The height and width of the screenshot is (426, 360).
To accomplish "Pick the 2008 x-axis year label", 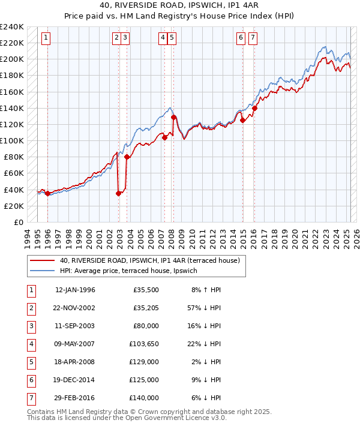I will pos(171,236).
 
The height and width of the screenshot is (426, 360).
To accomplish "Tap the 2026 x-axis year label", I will pos(356,236).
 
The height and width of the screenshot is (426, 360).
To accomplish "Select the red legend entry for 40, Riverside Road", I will pos(149,260).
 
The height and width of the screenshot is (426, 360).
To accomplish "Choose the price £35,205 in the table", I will pos(146,308).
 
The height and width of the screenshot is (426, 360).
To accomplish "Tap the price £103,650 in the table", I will pos(145,344).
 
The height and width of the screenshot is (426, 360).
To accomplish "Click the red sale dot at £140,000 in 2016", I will pos(254,109).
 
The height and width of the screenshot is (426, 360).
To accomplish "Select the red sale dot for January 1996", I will pos(47,193).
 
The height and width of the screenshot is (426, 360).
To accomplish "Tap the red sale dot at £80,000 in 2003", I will pos(127,157).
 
